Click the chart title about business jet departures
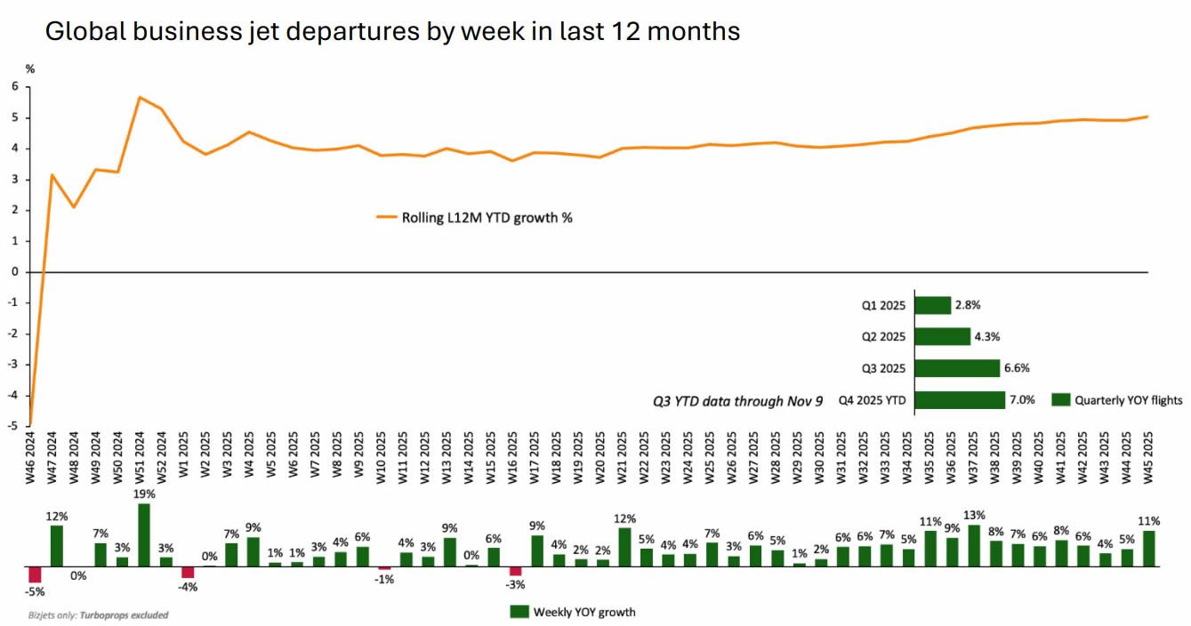(x=392, y=32)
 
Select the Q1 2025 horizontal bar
(x=932, y=305)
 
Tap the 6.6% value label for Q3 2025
(x=1017, y=368)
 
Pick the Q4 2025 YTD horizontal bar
(x=959, y=400)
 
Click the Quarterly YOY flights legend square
(x=1061, y=400)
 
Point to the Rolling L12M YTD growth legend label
(x=486, y=216)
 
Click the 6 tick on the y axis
(x=14, y=86)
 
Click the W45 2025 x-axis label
(x=1148, y=462)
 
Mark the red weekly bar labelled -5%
(x=35, y=574)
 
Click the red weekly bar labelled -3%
(x=515, y=571)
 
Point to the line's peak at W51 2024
(x=140, y=97)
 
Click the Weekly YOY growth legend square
(x=519, y=612)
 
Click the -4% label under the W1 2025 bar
(x=187, y=588)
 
